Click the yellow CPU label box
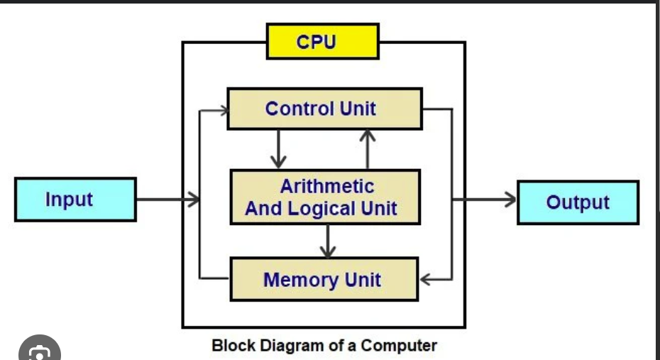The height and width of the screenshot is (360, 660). point(322,42)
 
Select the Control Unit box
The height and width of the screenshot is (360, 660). point(324,109)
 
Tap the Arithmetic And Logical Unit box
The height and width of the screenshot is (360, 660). point(324,197)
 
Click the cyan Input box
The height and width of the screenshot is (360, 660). point(75,200)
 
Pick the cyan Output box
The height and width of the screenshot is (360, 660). point(578,202)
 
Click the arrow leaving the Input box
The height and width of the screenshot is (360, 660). point(167,200)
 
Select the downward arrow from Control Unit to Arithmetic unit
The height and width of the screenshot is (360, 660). point(278,149)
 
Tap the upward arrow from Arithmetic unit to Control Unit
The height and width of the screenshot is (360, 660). point(368,149)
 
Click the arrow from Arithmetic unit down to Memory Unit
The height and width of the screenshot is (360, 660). point(327,241)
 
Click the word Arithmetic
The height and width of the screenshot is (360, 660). point(326,186)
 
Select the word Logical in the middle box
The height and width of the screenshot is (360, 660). point(325,209)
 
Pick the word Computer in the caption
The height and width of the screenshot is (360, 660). point(399,346)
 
